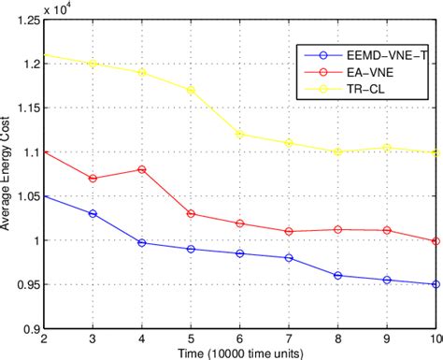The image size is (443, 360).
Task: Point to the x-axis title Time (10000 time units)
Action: pos(239,353)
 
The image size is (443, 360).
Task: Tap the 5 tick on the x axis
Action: pos(191,338)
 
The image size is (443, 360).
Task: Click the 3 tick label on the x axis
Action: pos(92,338)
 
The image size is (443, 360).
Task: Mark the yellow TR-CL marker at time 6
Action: pos(239,134)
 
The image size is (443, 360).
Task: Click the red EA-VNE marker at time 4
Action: pos(141,169)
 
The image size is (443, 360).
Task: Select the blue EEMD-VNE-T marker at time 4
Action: pos(141,242)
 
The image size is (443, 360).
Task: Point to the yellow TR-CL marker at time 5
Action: pos(191,91)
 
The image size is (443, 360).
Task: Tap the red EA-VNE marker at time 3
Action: pos(92,179)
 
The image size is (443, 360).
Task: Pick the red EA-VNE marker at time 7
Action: pos(289,231)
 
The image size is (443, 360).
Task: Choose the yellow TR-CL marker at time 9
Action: pos(387,147)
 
